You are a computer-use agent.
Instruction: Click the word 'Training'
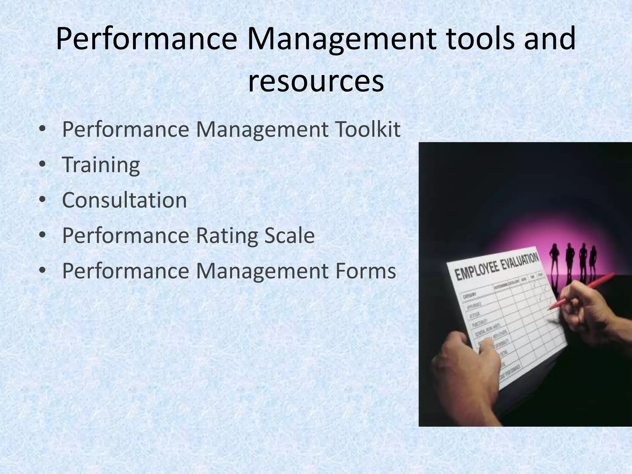[x=101, y=165]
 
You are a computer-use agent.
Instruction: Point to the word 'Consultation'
[x=124, y=200]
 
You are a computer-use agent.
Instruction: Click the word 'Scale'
[x=289, y=236]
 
